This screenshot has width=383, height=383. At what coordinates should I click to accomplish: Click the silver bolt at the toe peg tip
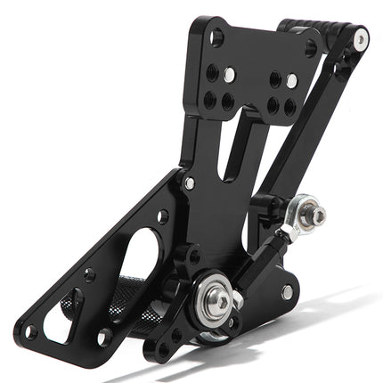coord(361,39)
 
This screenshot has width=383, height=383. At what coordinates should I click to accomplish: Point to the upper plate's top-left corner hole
coord(216,38)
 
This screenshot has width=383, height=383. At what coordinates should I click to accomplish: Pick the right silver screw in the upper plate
coord(291,81)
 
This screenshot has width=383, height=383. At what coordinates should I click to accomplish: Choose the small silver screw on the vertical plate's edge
coord(189,183)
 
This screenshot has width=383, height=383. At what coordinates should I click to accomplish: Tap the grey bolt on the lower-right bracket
coord(286,291)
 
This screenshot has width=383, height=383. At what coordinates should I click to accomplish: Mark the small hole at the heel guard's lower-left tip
coord(29,333)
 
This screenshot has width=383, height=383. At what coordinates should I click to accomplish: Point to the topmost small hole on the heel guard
coord(162,216)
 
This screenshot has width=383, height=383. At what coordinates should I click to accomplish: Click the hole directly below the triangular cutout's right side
coord(104,338)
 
